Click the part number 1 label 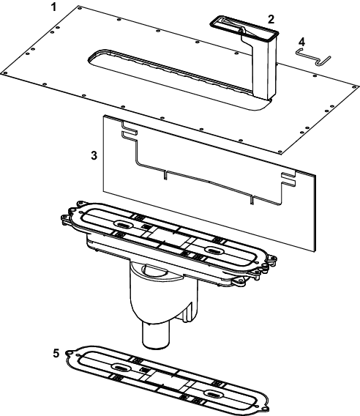click(54, 7)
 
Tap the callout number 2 click(271, 19)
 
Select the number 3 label click(94, 155)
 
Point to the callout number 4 click(301, 42)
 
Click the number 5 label click(56, 354)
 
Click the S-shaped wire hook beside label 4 click(314, 57)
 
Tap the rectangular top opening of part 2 click(244, 28)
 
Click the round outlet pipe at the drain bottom click(156, 335)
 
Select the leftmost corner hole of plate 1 click(4, 73)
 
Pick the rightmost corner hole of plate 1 click(355, 86)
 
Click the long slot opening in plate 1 click(170, 77)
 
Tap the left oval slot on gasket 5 click(121, 367)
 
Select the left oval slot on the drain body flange click(123, 224)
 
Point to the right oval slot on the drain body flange click(214, 250)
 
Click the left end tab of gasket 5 click(70, 353)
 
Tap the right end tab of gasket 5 click(265, 407)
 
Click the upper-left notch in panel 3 click(130, 130)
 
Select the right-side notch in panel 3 click(288, 179)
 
